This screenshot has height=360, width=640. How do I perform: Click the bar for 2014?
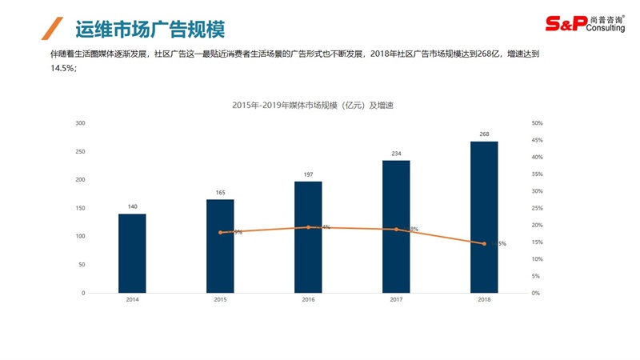tap(132, 253)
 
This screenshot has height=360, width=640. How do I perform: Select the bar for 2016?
tap(308, 237)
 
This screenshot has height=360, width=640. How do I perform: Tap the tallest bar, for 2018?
tap(484, 217)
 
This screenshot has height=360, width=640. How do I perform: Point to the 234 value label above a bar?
tap(396, 153)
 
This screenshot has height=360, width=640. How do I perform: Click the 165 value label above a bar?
tap(220, 192)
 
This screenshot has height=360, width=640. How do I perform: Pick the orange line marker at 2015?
tap(220, 232)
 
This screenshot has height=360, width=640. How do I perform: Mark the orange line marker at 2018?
tap(484, 244)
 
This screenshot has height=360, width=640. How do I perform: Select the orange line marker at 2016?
tap(308, 227)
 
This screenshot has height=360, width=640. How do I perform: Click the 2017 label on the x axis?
tap(396, 300)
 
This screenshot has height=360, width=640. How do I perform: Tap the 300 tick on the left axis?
tap(80, 123)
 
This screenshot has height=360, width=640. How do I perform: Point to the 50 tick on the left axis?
tap(82, 264)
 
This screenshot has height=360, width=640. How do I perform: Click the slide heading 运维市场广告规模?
tap(149, 30)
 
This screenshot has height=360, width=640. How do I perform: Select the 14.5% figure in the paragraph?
tap(63, 69)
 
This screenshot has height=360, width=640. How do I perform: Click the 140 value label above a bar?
tap(132, 206)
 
